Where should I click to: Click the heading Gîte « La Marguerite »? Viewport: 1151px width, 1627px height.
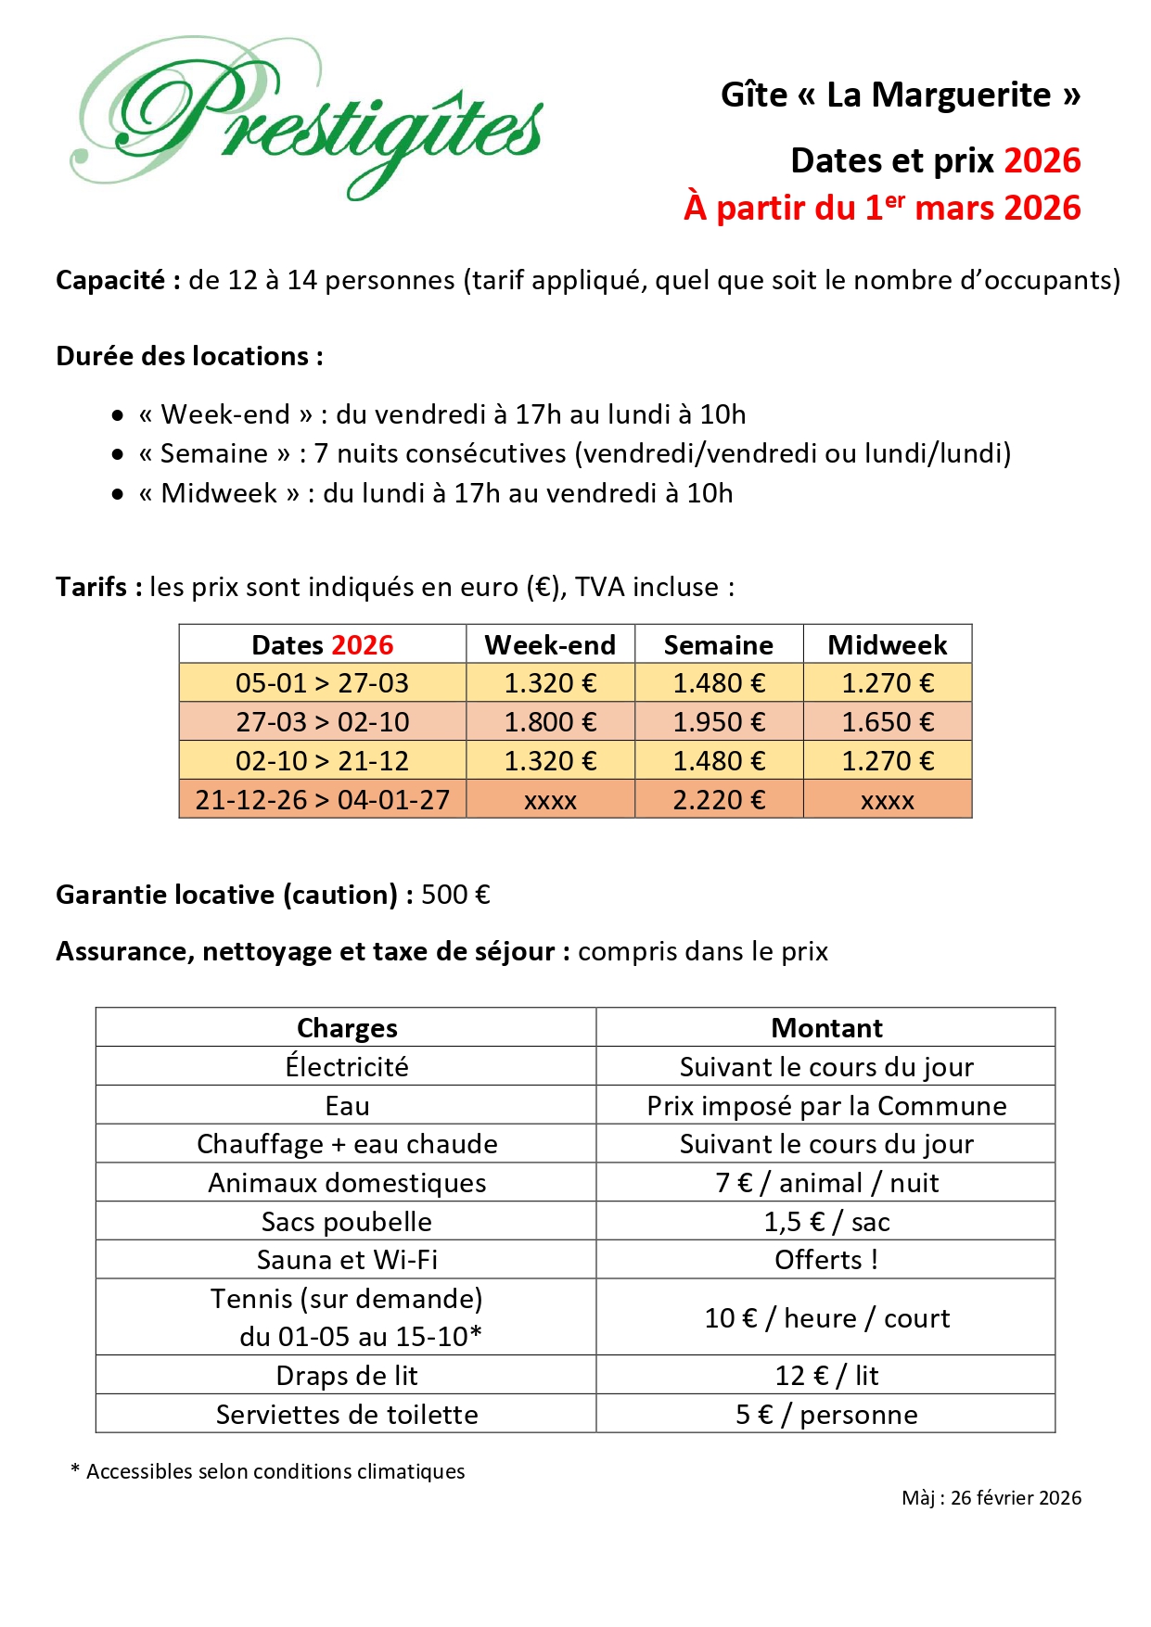(900, 95)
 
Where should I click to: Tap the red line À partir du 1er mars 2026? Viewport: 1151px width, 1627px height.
(882, 208)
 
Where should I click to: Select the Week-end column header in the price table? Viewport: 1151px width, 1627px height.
(550, 644)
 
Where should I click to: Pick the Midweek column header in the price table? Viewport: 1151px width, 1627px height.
(887, 644)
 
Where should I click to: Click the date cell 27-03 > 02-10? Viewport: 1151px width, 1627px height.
(322, 721)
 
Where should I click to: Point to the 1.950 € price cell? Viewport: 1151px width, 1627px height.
(719, 721)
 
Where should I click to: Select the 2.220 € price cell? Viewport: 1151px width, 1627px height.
(719, 799)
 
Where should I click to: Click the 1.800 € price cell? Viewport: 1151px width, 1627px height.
(550, 721)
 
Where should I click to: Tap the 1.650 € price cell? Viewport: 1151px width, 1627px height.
(887, 721)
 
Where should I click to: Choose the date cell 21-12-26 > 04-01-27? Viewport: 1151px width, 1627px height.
(322, 799)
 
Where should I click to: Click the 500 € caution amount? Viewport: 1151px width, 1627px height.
(455, 895)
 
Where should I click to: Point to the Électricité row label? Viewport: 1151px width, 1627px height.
(346, 1066)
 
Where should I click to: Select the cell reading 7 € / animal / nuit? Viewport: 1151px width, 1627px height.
(826, 1183)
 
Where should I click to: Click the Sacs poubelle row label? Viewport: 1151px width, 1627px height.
(346, 1222)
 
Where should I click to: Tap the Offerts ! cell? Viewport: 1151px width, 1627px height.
(826, 1260)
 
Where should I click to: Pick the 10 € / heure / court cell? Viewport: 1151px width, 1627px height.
(826, 1317)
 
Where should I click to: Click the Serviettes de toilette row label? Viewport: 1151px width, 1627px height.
(346, 1415)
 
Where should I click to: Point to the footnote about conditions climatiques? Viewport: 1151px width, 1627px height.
(268, 1471)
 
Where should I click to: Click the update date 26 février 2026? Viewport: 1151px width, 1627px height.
(1016, 1497)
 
